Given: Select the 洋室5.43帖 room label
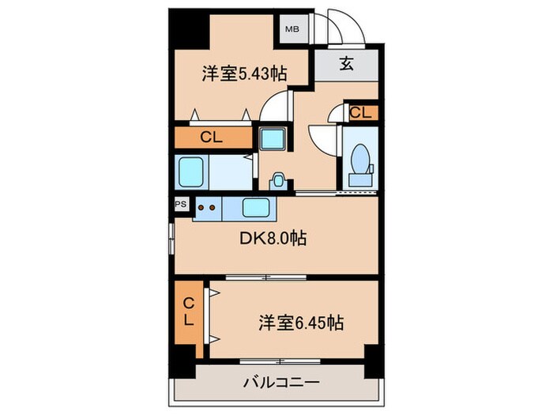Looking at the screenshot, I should coord(243,74).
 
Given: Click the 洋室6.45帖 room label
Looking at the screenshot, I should coord(301,323).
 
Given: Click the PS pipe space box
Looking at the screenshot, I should coord(181,202).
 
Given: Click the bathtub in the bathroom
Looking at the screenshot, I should coord(192,172).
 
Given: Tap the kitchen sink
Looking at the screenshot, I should coord(258,208).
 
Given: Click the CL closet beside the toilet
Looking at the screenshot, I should coord(360,112).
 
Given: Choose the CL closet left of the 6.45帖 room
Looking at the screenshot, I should coord(189,312).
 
